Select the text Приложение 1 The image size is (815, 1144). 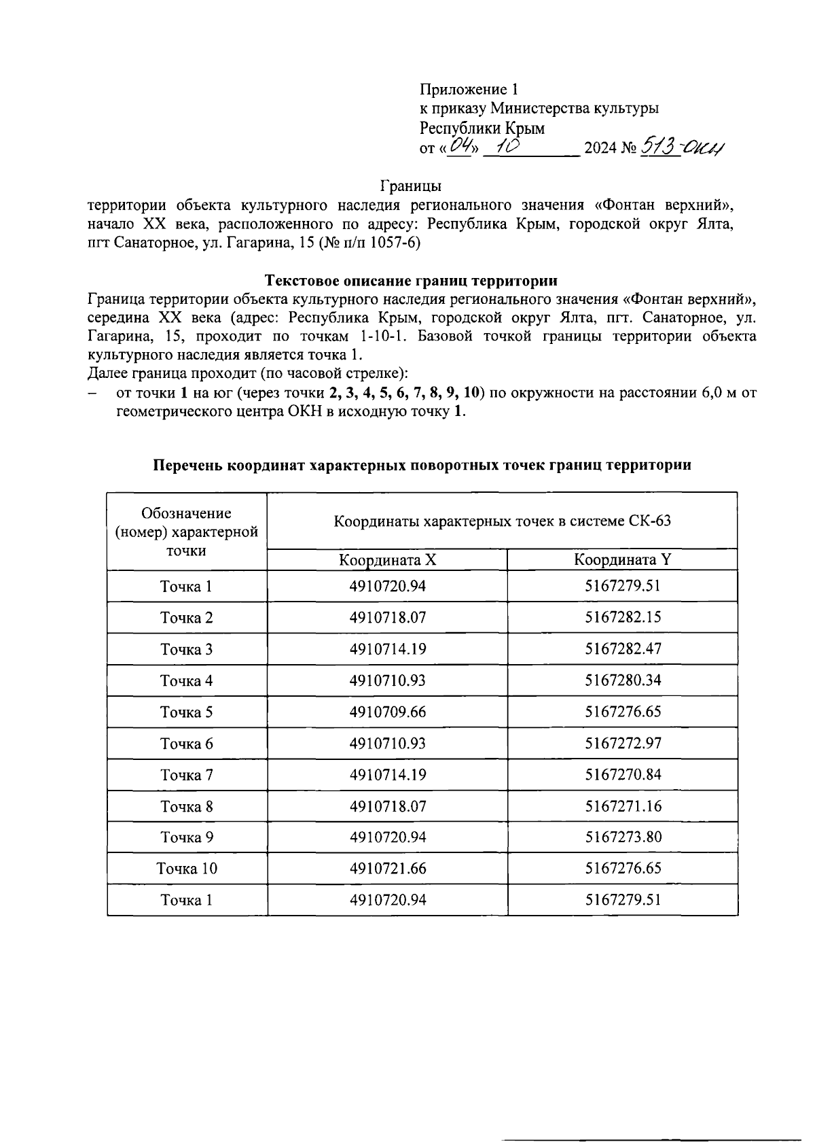click(469, 89)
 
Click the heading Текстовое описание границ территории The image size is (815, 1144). click(411, 280)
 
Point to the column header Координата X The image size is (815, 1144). click(387, 560)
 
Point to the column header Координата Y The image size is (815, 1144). click(622, 560)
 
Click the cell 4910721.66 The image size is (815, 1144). click(387, 869)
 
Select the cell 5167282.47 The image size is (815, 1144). click(622, 649)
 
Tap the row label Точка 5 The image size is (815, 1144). click(186, 712)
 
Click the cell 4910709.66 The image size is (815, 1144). click(387, 712)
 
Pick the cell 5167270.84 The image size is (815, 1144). click(622, 775)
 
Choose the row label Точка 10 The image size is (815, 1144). click(186, 869)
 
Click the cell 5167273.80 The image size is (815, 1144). click(622, 837)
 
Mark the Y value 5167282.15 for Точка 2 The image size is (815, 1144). click(622, 618)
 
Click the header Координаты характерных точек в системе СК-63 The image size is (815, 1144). click(502, 521)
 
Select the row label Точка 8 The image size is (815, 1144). click(186, 807)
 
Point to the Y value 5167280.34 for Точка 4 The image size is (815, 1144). click(622, 680)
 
